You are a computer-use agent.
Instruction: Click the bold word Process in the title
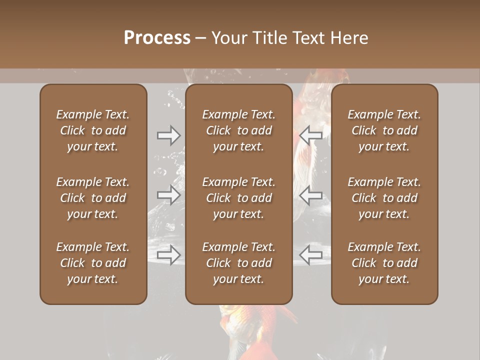click(157, 38)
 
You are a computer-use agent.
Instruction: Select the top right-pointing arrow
click(169, 135)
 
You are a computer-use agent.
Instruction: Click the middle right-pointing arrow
click(169, 195)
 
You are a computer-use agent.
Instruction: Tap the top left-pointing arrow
click(311, 135)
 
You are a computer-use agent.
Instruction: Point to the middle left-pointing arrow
click(311, 195)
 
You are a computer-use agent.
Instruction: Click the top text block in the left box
click(93, 130)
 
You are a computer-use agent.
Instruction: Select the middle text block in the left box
click(93, 198)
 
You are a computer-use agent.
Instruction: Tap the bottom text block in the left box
click(93, 263)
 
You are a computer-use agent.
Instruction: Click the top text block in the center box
click(239, 130)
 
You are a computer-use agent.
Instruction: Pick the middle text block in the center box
click(239, 198)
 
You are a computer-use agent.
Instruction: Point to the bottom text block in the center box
click(239, 263)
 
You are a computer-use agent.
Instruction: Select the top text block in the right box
click(384, 130)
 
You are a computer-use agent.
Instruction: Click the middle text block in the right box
click(384, 198)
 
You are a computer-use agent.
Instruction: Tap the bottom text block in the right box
click(384, 263)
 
